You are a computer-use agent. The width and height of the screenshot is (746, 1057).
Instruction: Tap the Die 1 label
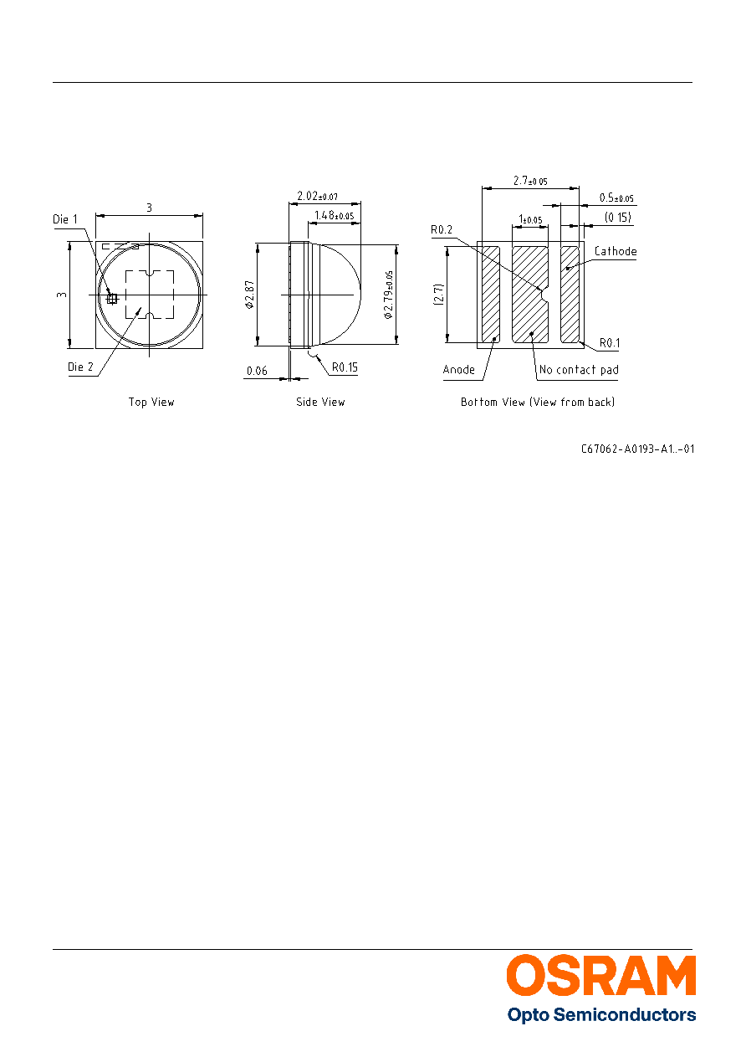[65, 219]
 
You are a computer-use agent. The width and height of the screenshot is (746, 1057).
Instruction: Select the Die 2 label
[80, 367]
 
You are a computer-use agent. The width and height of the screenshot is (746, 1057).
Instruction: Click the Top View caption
[151, 402]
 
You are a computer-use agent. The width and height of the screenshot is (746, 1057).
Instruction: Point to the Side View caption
[320, 402]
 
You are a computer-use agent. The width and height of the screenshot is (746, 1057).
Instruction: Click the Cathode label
[616, 251]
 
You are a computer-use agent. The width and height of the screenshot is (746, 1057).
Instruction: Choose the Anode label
[459, 369]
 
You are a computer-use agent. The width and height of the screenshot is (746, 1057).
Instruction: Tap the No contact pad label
[579, 369]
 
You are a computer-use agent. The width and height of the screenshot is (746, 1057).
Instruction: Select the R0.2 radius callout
[442, 230]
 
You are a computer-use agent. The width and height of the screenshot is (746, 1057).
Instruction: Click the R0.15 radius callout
[345, 367]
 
